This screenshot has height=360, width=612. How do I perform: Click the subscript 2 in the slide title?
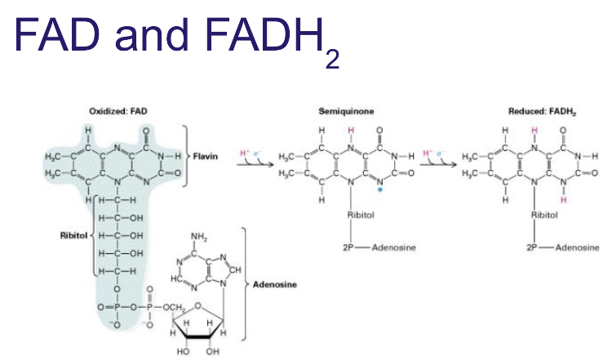331,60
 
